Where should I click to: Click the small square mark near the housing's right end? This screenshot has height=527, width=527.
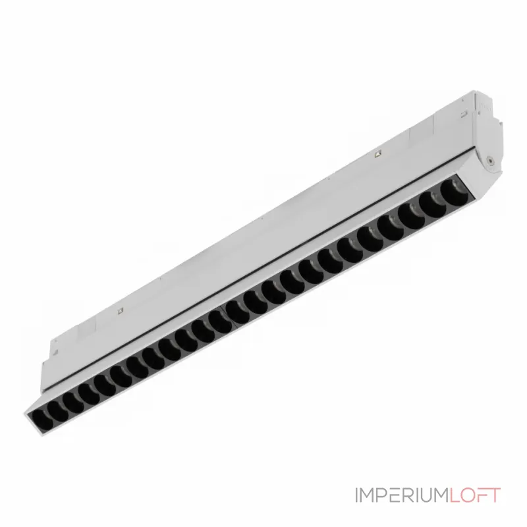coord(378,155)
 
